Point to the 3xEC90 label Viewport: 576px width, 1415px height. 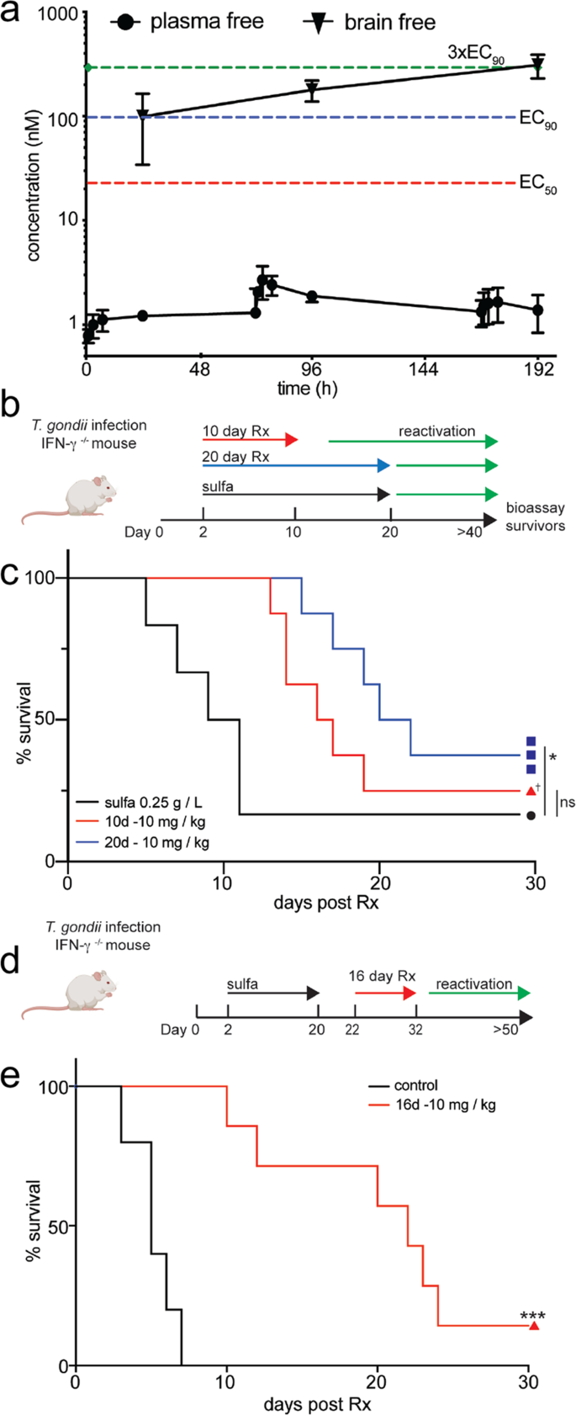pyautogui.click(x=475, y=52)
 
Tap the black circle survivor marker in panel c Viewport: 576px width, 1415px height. pyautogui.click(x=531, y=815)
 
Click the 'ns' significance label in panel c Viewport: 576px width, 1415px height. pyautogui.click(x=568, y=802)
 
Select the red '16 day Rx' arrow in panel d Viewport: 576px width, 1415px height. pyautogui.click(x=385, y=993)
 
